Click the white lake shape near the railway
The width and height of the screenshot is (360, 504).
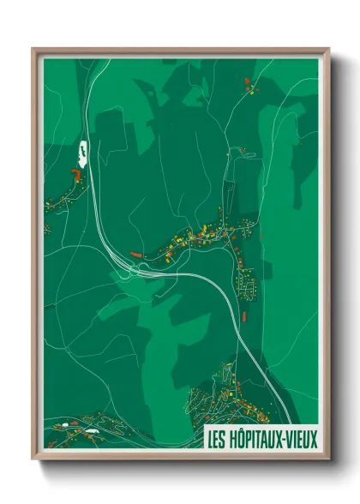[x=83, y=153]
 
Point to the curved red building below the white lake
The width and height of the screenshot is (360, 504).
[x=75, y=174]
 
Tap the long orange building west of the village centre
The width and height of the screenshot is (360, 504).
[x=138, y=254]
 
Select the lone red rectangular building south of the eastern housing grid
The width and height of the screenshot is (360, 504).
[x=243, y=316]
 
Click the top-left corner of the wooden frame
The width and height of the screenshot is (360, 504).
[x=33, y=49]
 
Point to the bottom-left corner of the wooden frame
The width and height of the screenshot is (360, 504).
[x=33, y=460]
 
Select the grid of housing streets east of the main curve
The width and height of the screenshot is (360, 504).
[x=248, y=282]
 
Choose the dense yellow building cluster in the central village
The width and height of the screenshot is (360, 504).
[x=206, y=233]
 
